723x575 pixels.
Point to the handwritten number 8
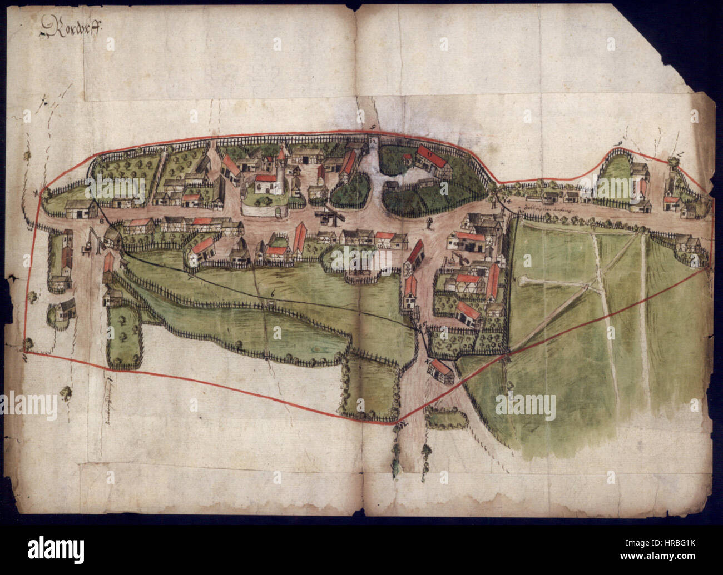pos(101,221)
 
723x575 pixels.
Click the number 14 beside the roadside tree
pos(508,209)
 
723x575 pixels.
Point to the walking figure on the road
pos(428,223)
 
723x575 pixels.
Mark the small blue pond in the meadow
pos(318,349)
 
